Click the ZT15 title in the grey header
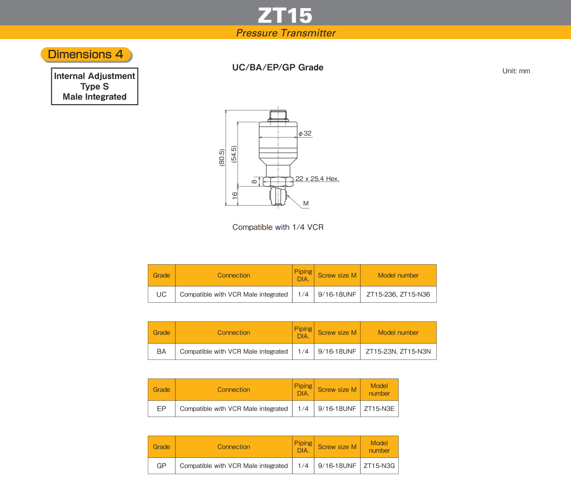click(x=285, y=15)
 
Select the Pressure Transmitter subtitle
click(x=285, y=33)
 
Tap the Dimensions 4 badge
click(x=86, y=54)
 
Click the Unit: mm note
click(x=516, y=71)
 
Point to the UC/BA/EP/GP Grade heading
click(x=277, y=68)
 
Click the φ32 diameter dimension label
click(x=305, y=133)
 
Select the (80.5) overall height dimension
click(x=222, y=158)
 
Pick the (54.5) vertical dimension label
click(x=234, y=154)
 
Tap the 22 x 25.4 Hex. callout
click(x=317, y=178)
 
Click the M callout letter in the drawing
click(x=306, y=203)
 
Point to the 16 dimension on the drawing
click(x=235, y=196)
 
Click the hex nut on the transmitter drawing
click(x=278, y=182)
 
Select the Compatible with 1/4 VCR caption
click(x=277, y=227)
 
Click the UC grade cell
click(x=162, y=294)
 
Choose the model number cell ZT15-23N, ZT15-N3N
click(x=398, y=352)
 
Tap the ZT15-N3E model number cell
click(x=379, y=408)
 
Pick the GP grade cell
click(x=162, y=465)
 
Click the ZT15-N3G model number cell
click(x=379, y=465)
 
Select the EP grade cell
click(x=162, y=408)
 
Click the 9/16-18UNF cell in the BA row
click(x=337, y=352)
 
